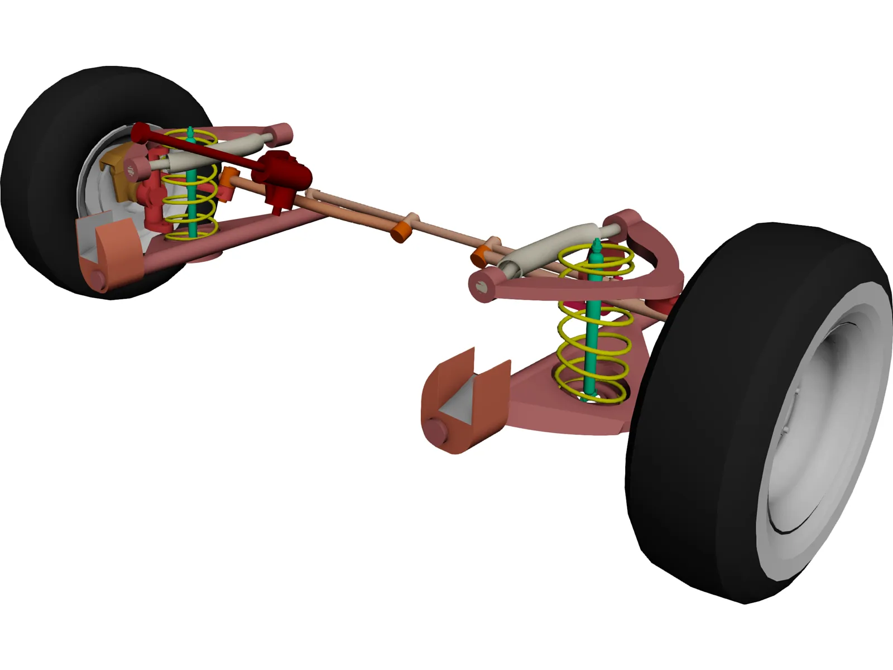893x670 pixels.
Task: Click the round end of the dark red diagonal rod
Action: click(x=140, y=132)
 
